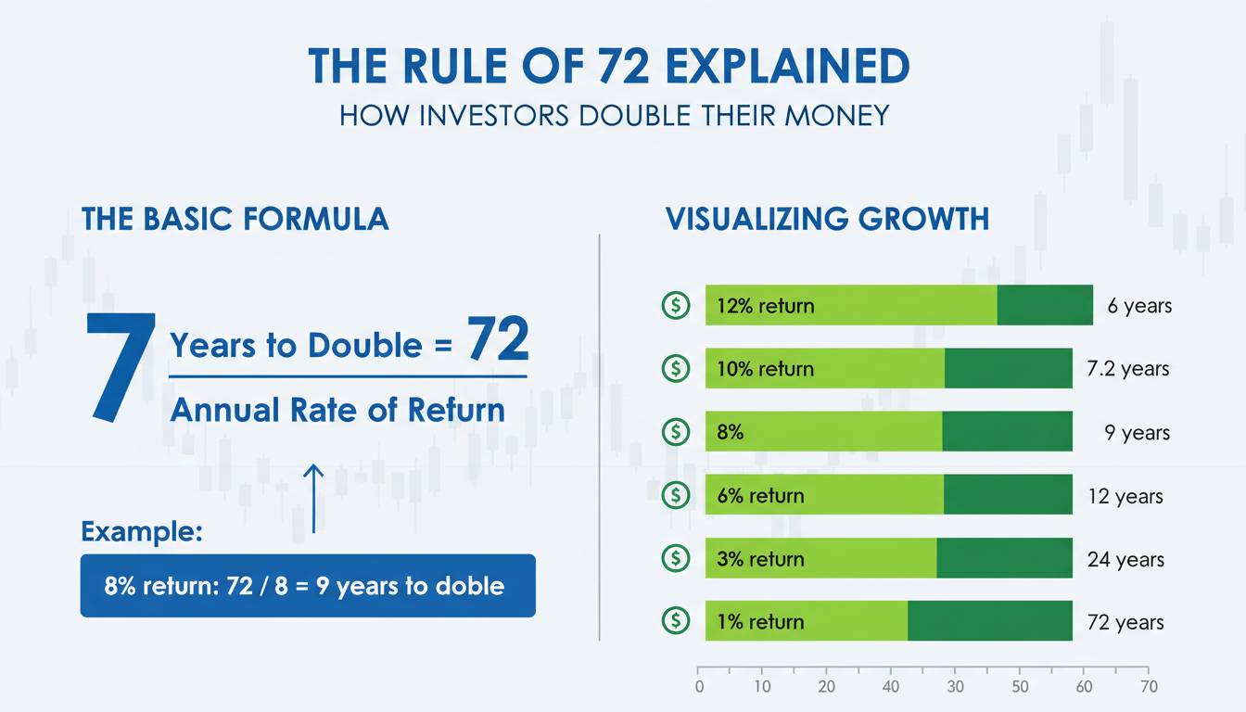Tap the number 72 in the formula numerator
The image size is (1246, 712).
point(497,338)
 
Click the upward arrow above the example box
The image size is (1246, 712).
point(313,499)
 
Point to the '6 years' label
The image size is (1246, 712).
point(1139,306)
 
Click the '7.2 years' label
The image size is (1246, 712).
point(1128,369)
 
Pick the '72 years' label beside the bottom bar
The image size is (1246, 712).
point(1125,622)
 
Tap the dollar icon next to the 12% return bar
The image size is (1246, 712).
point(676,305)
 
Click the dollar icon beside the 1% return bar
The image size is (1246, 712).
point(676,621)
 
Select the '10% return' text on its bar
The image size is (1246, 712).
point(765,369)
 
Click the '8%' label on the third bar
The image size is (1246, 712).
point(730,432)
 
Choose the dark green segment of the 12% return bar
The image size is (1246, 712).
point(1045,305)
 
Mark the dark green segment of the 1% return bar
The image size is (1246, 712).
point(990,621)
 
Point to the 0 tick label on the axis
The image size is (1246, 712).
point(699,686)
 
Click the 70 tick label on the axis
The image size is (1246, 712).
point(1150,686)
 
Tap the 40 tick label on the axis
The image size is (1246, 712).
point(891,686)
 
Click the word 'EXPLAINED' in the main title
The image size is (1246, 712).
point(787,66)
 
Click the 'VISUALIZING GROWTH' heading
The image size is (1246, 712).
point(827,219)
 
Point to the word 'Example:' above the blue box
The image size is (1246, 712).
point(142,531)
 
